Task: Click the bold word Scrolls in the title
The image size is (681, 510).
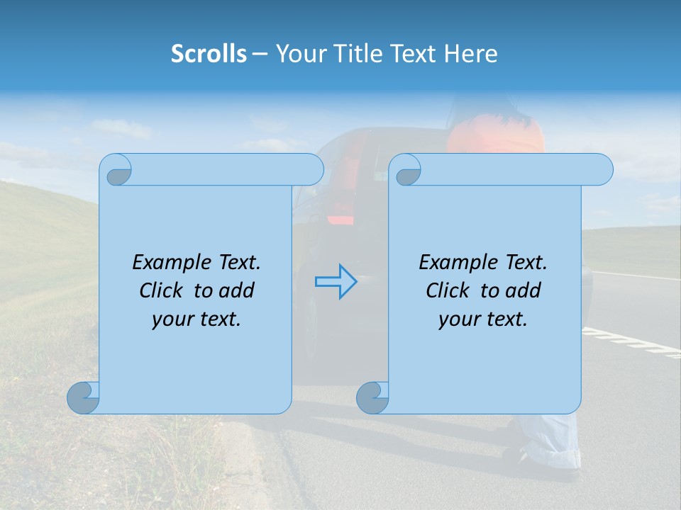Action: click(209, 54)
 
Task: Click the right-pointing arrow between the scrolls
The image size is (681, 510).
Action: click(336, 282)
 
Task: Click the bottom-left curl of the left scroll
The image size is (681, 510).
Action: click(83, 397)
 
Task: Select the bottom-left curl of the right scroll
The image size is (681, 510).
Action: click(372, 397)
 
